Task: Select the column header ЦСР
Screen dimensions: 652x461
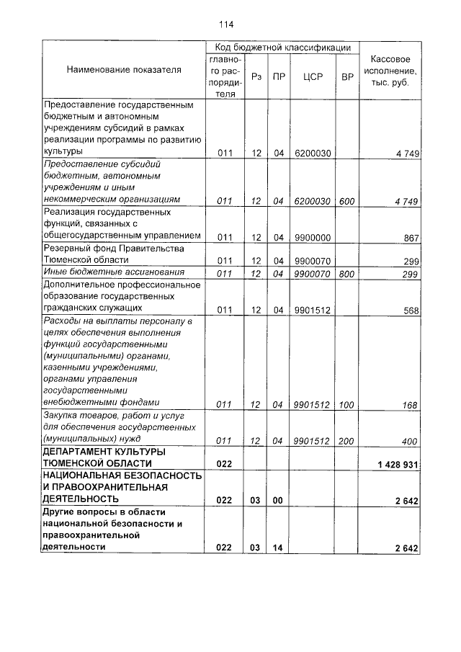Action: pyautogui.click(x=312, y=76)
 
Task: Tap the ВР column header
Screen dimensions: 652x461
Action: pyautogui.click(x=347, y=76)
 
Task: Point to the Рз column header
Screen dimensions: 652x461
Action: pyautogui.click(x=256, y=76)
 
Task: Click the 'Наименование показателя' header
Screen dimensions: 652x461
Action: pyautogui.click(x=124, y=70)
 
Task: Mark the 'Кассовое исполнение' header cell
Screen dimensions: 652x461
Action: pyautogui.click(x=390, y=70)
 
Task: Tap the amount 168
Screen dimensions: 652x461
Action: pyautogui.click(x=411, y=406)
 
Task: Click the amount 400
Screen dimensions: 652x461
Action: pyautogui.click(x=411, y=440)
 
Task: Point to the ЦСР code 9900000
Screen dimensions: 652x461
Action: pyautogui.click(x=312, y=237)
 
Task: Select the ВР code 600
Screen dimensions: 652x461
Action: pyautogui.click(x=347, y=202)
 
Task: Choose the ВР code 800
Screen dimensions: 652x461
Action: pyautogui.click(x=347, y=274)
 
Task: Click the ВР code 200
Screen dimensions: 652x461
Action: pyautogui.click(x=347, y=440)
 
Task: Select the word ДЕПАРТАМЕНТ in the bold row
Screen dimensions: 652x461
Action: pyautogui.click(x=80, y=451)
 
